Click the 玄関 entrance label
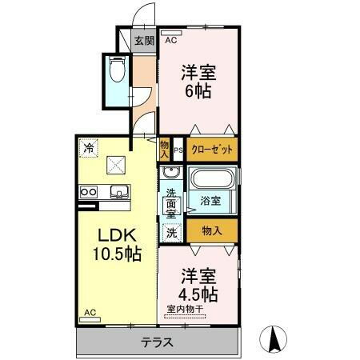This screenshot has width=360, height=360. click(x=143, y=41)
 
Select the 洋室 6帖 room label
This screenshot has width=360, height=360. click(x=197, y=80)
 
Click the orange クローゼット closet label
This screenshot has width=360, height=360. click(x=212, y=149)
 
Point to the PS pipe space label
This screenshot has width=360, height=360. click(x=178, y=149)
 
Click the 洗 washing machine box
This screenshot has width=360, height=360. click(x=170, y=233)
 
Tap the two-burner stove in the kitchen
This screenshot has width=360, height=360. click(x=88, y=191)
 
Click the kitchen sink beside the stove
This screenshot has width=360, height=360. click(x=119, y=191)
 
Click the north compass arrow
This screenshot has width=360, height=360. click(x=275, y=338)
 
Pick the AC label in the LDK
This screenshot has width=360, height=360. click(x=90, y=315)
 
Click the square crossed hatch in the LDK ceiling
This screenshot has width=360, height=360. click(x=116, y=165)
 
